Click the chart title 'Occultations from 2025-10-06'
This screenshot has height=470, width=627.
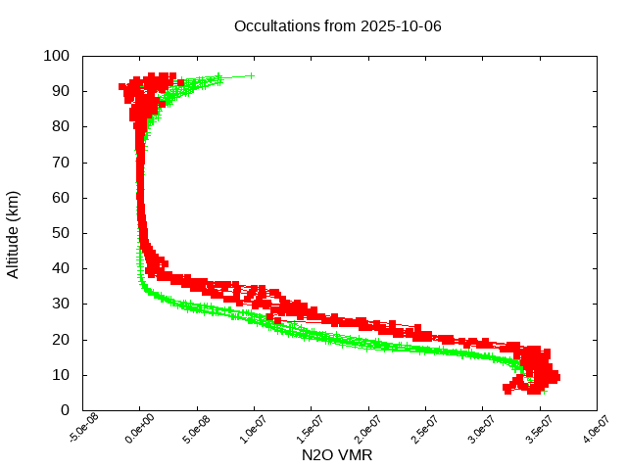coord(337,25)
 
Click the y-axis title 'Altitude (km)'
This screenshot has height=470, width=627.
coord(13,233)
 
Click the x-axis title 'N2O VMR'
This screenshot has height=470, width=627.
coord(337,455)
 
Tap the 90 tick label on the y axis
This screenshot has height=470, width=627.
coord(61,91)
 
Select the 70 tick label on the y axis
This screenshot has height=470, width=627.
coord(61,162)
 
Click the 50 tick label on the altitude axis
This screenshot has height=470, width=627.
coord(61,233)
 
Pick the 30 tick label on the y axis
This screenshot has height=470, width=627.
coord(61,304)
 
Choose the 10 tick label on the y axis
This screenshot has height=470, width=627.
coord(61,375)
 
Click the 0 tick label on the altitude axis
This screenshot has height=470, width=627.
coord(65,410)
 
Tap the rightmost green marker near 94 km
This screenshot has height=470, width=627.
coord(252,75)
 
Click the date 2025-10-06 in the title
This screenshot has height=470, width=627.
coord(402,25)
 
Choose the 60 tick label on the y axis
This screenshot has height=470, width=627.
coord(61,198)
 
